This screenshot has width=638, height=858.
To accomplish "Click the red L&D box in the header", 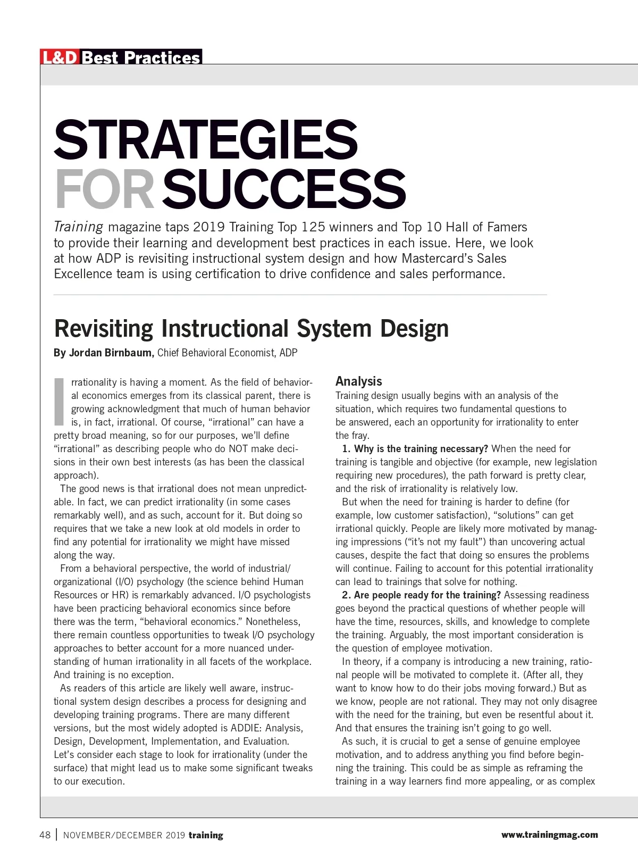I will [x=60, y=57].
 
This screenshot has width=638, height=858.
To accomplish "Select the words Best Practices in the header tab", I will [x=141, y=57].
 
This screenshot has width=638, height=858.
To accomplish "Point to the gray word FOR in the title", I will [x=104, y=189].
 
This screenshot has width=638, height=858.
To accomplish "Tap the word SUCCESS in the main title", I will [x=284, y=189].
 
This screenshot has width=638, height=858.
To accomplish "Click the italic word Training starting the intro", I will [x=78, y=227].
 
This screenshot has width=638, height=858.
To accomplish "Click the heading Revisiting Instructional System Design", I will [x=251, y=328].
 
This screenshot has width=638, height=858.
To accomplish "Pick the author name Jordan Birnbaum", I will [x=111, y=353].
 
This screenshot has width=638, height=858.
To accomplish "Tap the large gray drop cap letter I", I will [x=59, y=402].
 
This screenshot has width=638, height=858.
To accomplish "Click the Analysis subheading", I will [x=358, y=381].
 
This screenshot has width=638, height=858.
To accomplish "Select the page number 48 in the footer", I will [x=45, y=835].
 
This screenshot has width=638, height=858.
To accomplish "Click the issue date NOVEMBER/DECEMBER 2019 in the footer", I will [x=124, y=835].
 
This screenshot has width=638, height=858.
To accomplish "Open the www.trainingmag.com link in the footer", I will [x=549, y=835].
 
